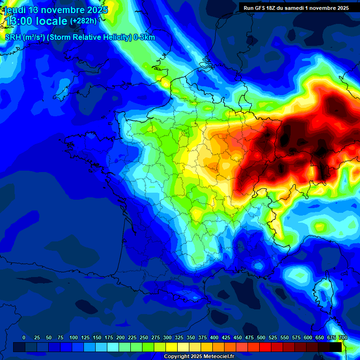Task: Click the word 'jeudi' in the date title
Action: (x=15, y=10)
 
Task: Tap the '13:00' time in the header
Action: (x=18, y=21)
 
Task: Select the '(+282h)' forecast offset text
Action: (x=83, y=21)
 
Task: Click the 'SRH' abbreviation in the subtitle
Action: (x=13, y=37)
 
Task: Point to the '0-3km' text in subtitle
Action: (x=144, y=37)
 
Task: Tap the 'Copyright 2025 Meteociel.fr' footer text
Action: (x=199, y=357)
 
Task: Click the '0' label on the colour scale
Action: (x=24, y=337)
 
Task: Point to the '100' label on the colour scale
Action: (x=74, y=337)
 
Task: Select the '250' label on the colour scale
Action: (x=144, y=337)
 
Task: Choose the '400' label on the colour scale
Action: (x=214, y=337)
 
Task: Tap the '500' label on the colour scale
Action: (x=261, y=337)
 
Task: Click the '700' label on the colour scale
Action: (x=343, y=337)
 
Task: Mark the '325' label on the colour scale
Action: (x=179, y=337)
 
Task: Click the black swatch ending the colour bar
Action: (x=336, y=347)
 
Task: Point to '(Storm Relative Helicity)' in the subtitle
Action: (x=90, y=37)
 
